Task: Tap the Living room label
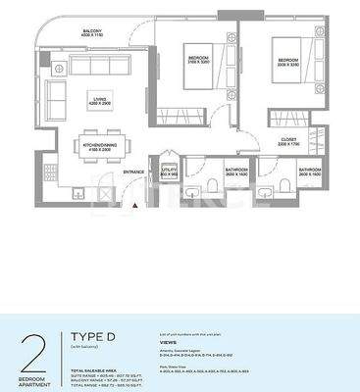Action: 98,98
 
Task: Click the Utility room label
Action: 169,171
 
